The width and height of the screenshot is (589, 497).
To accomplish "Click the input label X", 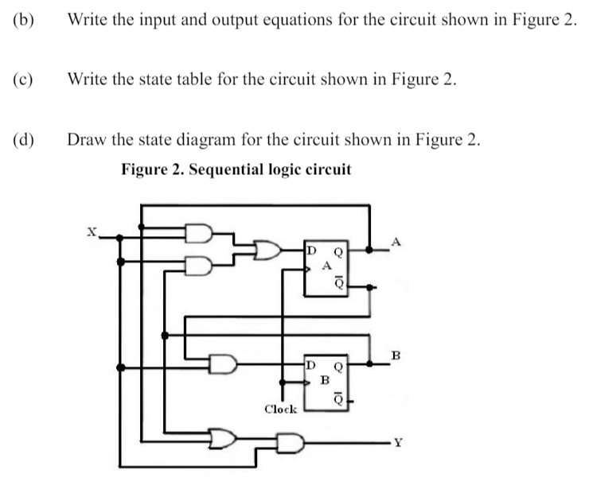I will tap(92, 231).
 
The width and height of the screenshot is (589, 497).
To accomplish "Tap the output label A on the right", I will tap(398, 241).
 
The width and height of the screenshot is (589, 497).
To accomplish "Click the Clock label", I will tap(280, 410).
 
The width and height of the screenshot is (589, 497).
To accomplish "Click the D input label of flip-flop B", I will tap(311, 365).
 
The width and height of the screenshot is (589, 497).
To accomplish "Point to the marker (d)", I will tap(24, 141).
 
